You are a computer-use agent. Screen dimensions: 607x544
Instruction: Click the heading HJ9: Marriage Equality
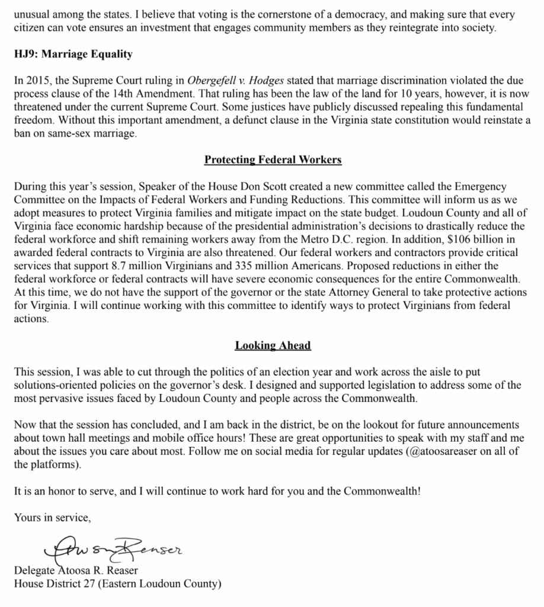coord(73,55)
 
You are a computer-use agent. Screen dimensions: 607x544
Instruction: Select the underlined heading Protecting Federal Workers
coord(273,160)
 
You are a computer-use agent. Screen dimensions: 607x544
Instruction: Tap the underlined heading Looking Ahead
coord(273,346)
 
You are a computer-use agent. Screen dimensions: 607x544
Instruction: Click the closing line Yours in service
coord(53,518)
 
